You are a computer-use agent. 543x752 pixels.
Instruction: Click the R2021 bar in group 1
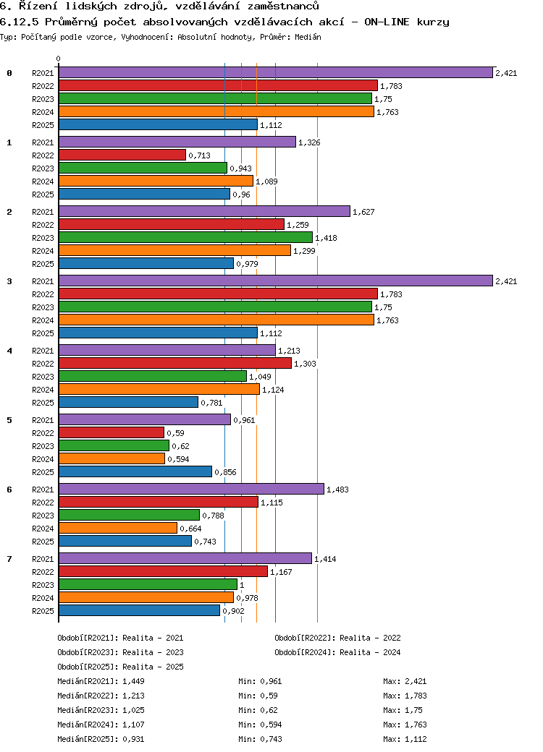177,142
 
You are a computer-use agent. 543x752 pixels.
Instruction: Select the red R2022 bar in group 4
174,363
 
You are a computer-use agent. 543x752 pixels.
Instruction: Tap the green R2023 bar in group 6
129,515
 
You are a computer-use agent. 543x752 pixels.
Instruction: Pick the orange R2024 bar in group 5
111,458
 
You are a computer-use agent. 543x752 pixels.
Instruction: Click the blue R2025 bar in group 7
139,610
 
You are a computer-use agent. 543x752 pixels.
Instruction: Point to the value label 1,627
363,212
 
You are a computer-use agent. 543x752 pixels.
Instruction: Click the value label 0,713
199,155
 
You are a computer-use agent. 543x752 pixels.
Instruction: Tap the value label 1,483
337,490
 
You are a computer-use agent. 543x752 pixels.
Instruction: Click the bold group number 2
9,212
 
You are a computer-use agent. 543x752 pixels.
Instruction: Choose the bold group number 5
9,420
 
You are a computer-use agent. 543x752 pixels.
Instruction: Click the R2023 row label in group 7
43,585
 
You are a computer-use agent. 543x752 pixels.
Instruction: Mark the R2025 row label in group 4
43,403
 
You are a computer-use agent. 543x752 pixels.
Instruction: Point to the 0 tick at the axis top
59,59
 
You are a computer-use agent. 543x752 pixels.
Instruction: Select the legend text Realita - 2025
153,667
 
